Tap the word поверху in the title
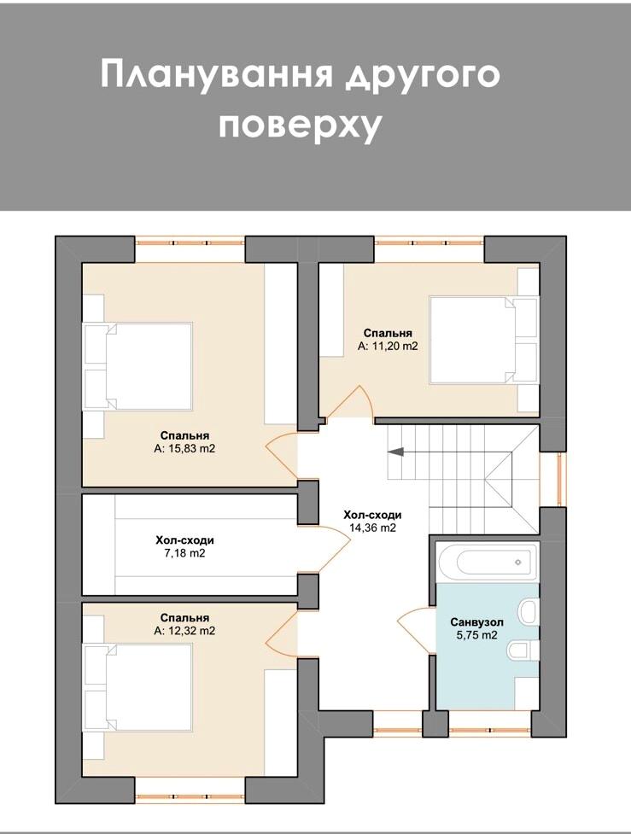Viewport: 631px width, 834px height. [x=301, y=126]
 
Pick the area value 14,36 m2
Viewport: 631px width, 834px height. [x=372, y=528]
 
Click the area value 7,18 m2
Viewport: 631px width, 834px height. [x=184, y=553]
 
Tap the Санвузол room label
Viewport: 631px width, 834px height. [x=476, y=621]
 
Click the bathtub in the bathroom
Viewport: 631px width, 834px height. [x=487, y=563]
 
